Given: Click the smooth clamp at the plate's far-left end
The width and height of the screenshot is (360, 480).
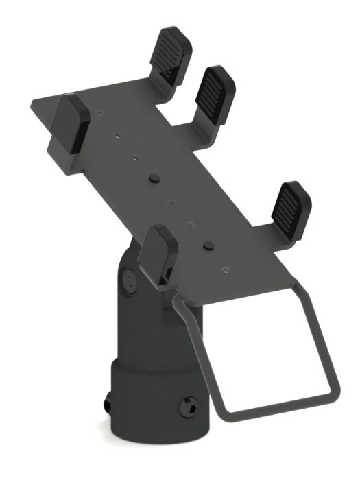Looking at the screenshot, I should point(71,123).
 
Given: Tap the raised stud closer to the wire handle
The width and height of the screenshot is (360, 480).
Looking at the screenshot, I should point(207,244).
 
